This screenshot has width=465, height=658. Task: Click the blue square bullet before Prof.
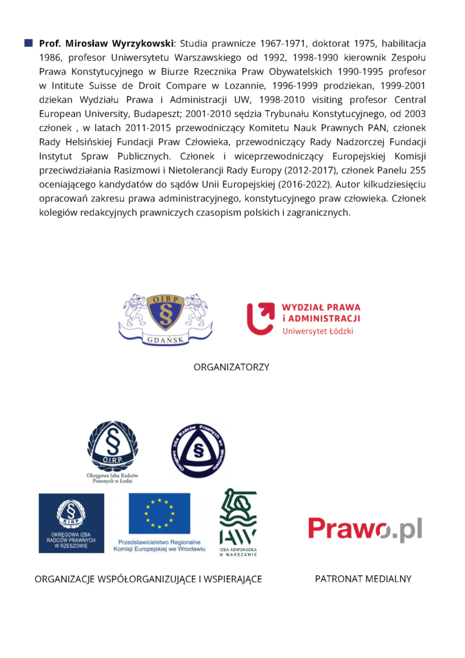click(x=28, y=43)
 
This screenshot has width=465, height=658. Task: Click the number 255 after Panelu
click(x=415, y=170)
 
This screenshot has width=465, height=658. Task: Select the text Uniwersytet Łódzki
click(x=317, y=331)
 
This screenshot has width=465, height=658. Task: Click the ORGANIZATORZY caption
click(x=231, y=367)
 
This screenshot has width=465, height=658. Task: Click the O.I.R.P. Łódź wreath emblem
click(x=112, y=447)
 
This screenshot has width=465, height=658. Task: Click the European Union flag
click(x=159, y=514)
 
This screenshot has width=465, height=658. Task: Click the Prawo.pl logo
click(x=365, y=529)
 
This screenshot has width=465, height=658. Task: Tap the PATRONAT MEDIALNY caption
click(x=363, y=579)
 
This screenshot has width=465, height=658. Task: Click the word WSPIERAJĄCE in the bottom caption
click(x=231, y=580)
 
